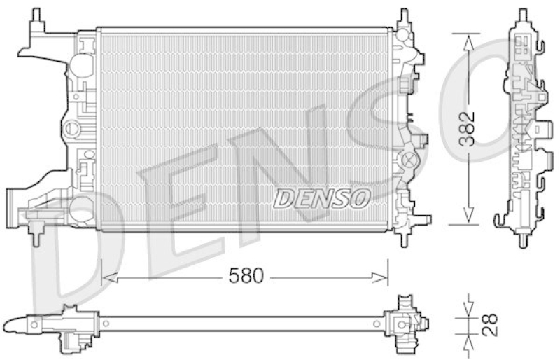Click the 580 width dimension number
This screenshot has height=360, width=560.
click(246, 275)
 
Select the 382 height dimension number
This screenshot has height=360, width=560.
click(467, 129)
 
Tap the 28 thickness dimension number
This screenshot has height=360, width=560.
click(489, 324)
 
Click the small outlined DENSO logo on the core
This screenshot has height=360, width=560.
click(321, 199)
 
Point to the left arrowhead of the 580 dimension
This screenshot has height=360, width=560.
click(110, 277)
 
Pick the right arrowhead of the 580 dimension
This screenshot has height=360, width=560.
click(379, 277)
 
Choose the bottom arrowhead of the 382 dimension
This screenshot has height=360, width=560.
click(468, 215)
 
